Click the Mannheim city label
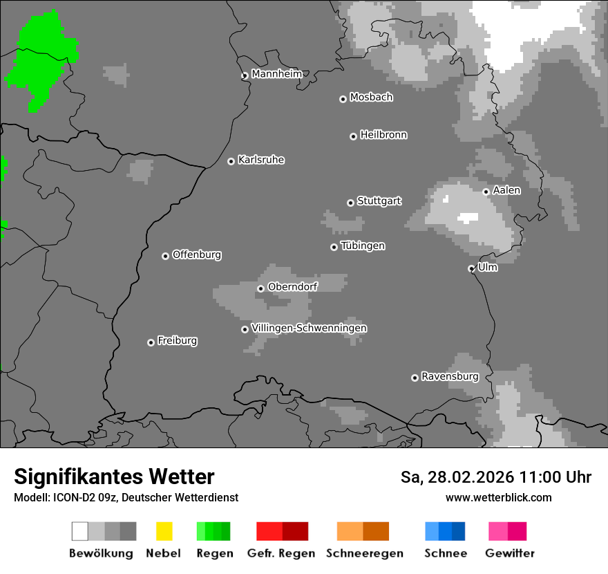276,74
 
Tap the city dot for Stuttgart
350,203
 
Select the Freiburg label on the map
177,341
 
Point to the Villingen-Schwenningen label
309,328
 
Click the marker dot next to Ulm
472,268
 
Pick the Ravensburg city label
450,377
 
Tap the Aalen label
506,190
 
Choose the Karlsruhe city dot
231,161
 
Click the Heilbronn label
383,135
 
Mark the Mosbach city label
371,98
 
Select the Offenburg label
197,254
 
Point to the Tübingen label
363,246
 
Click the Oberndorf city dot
260,288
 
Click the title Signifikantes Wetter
114,476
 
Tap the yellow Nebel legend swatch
164,531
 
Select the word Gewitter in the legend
510,553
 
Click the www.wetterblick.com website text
498,497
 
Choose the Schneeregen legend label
365,553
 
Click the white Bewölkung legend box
80,531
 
